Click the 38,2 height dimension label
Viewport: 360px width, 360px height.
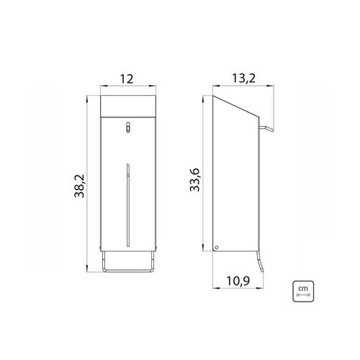(79, 186)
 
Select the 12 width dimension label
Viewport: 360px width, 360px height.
(126, 79)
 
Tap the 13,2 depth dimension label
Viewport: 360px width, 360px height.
(243, 78)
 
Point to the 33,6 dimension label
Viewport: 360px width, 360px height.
(194, 180)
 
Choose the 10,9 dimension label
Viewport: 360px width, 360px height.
(238, 281)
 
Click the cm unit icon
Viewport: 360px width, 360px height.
(303, 292)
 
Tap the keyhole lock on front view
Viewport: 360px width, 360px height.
(128, 127)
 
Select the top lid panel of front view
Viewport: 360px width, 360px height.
(128, 107)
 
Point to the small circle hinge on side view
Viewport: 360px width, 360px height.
(217, 247)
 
